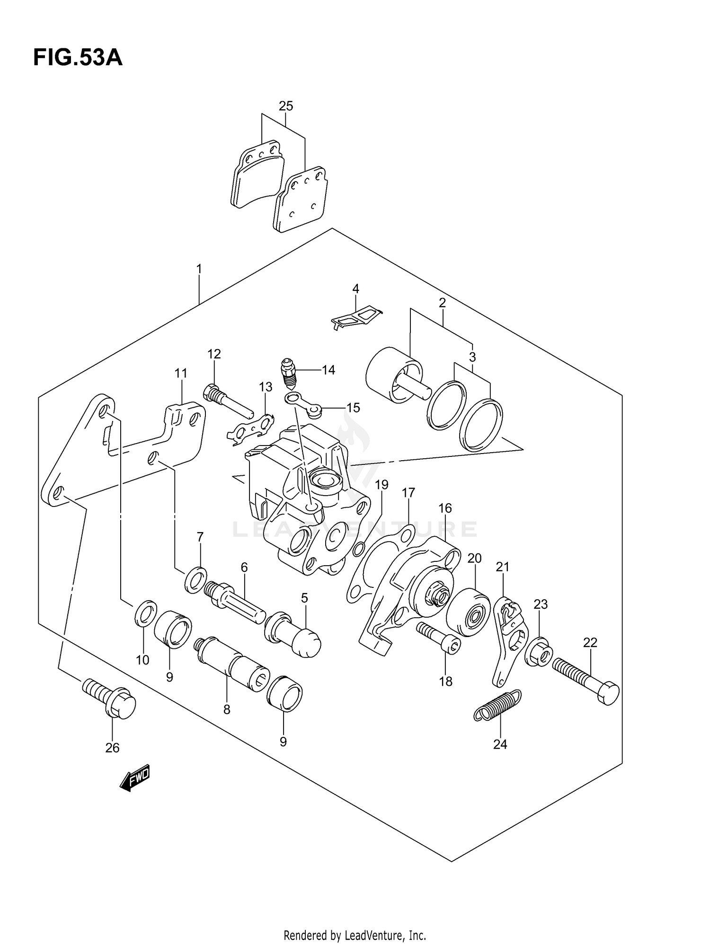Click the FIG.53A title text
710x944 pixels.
click(x=78, y=58)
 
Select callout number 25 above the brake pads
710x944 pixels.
click(x=286, y=106)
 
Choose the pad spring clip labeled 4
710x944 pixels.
click(x=357, y=317)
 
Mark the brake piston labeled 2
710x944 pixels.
click(x=394, y=375)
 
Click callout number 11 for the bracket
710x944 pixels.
click(x=181, y=374)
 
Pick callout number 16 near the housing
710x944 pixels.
click(x=445, y=508)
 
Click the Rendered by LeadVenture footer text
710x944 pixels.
click(x=355, y=935)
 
